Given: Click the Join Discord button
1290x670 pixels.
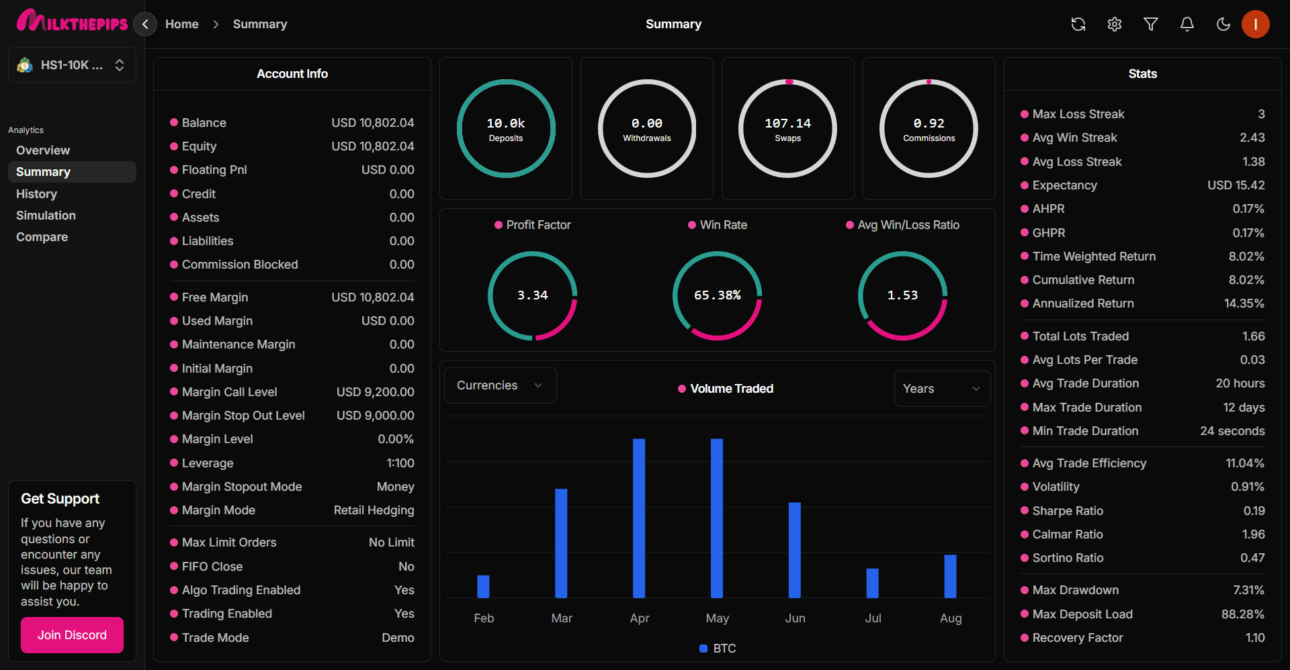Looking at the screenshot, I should (x=72, y=635).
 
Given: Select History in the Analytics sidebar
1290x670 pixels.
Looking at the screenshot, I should (x=37, y=194).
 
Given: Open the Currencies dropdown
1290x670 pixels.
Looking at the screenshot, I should (x=500, y=385).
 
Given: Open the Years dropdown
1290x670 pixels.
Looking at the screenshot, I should (x=941, y=389).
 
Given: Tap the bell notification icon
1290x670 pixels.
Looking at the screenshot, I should (x=1187, y=24).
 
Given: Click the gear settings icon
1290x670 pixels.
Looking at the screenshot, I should (x=1115, y=24).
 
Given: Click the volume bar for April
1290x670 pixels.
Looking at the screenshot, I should (x=639, y=518).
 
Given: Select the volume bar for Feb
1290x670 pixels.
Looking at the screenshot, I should (x=483, y=586).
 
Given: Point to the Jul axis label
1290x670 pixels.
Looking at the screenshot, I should (x=873, y=618).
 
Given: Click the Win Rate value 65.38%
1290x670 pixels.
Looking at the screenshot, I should (x=717, y=295).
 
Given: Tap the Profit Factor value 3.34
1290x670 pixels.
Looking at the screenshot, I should (x=532, y=295).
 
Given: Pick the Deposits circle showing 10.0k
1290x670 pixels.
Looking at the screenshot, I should (x=506, y=129).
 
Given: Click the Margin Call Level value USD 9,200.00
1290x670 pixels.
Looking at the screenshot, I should (x=375, y=392).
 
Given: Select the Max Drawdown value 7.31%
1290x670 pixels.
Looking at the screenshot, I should (x=1248, y=590).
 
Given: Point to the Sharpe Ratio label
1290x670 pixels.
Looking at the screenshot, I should (x=1068, y=511).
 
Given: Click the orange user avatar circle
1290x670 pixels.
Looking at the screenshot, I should (x=1255, y=24).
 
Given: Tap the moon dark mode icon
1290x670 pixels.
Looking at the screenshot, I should (x=1223, y=24).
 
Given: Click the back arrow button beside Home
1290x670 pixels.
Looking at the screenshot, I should (x=145, y=24).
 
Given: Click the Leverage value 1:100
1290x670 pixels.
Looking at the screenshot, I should (x=400, y=463).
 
